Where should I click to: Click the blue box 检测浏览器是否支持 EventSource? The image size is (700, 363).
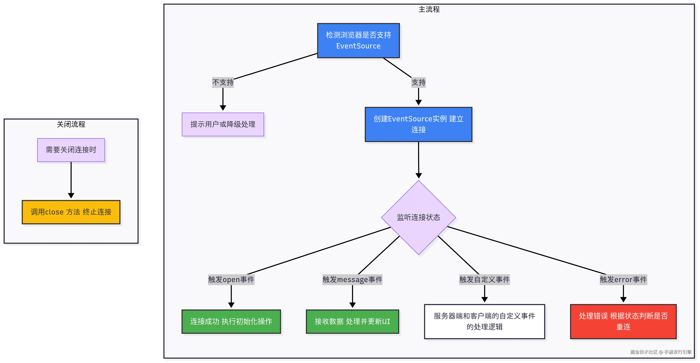(358, 40)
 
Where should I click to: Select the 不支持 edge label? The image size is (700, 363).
(223, 82)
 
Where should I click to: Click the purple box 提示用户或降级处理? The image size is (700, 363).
(223, 124)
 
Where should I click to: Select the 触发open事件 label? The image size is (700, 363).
(231, 280)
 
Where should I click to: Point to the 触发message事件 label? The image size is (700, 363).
(352, 280)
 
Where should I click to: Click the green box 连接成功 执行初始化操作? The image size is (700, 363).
(231, 321)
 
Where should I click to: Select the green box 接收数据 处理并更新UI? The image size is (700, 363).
(352, 321)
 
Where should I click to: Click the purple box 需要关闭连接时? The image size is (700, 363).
(71, 150)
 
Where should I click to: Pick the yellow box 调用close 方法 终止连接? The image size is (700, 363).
(71, 212)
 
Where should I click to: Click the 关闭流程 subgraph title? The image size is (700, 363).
(71, 124)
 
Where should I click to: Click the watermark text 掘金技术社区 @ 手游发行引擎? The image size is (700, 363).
(661, 352)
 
